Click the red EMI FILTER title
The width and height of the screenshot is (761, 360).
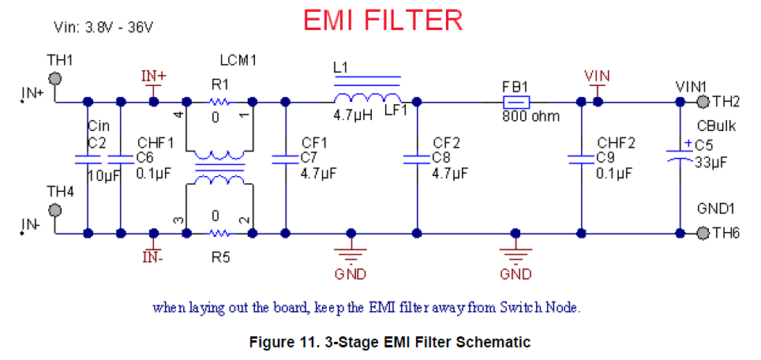point(383,21)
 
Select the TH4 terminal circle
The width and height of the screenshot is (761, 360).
point(55,210)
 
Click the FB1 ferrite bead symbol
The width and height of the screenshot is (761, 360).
point(516,101)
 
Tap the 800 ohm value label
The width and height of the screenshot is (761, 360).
point(530,117)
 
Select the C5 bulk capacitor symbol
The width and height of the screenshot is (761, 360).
point(680,152)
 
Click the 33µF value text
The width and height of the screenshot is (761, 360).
point(710,162)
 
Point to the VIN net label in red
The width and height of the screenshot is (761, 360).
point(598,75)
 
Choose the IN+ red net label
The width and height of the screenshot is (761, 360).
point(154,76)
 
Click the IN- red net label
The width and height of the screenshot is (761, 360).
point(154,256)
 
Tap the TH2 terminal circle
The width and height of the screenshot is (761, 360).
point(702,101)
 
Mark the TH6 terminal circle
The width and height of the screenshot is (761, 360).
point(702,233)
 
